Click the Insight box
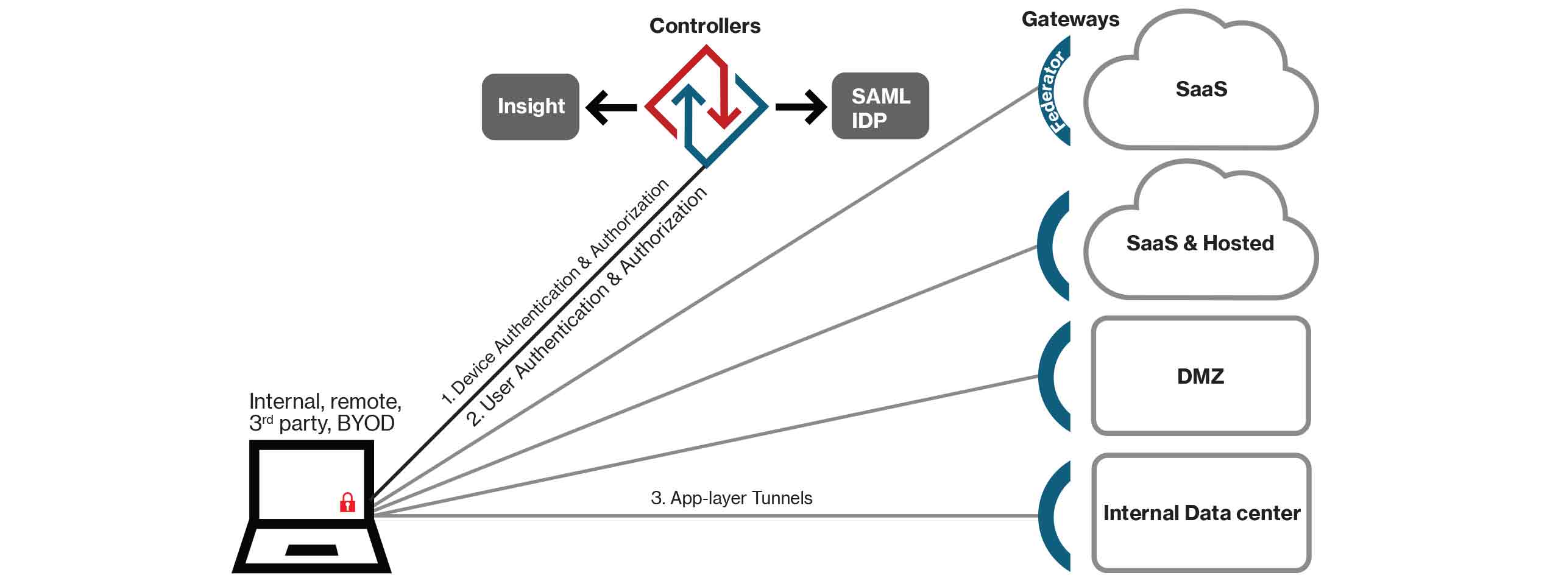530,107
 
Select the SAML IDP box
880,107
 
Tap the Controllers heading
704,26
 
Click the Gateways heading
1070,19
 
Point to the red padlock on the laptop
347,502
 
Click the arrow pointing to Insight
610,108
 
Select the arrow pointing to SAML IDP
801,108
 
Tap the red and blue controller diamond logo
706,105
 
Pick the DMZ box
1200,376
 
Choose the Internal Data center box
1201,513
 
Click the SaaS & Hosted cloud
1200,243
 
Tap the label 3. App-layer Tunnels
731,498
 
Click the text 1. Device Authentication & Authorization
554,292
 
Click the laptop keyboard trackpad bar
311,550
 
